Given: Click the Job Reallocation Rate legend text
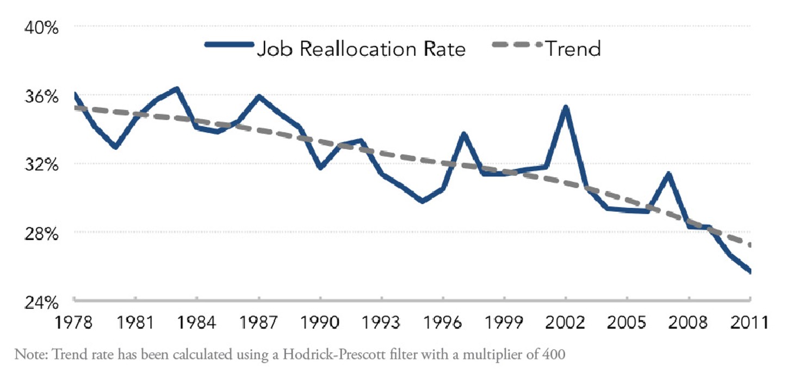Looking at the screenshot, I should click(361, 49).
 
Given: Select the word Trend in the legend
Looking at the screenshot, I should click(573, 49).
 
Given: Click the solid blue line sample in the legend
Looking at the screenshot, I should click(229, 45).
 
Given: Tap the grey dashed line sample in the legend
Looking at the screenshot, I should click(517, 45).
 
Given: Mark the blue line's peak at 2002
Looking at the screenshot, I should click(566, 108).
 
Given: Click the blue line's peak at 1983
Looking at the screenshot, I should click(177, 88).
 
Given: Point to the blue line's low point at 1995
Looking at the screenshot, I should click(423, 201).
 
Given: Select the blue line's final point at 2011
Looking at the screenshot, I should click(750, 272).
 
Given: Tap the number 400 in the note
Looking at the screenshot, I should click(554, 356).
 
